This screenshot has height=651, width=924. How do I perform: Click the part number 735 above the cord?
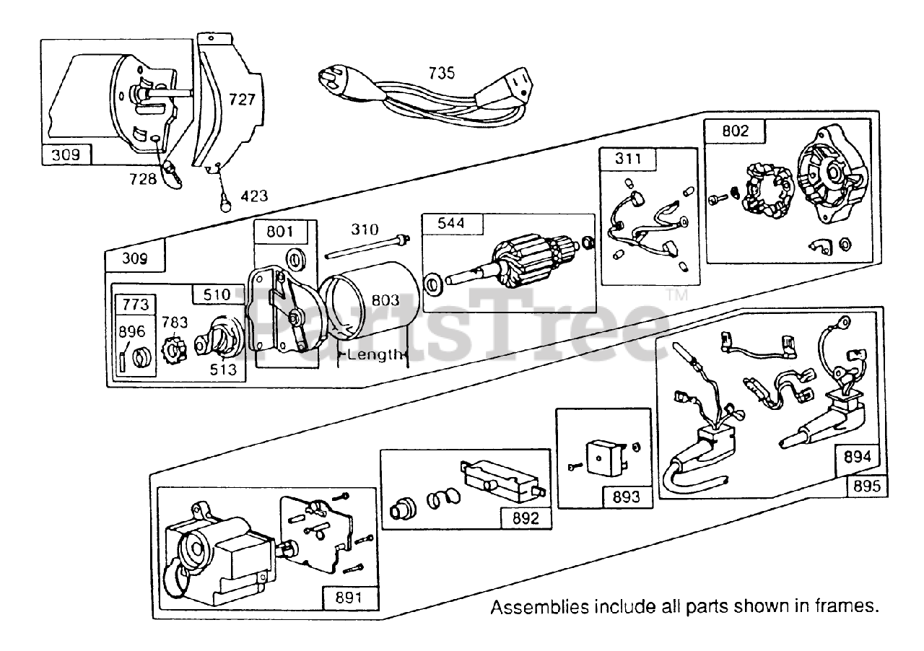442,73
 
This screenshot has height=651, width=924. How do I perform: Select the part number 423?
253,196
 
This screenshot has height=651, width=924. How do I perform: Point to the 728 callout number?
143,179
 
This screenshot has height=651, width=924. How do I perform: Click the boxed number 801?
280,232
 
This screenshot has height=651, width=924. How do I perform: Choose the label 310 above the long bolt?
365,230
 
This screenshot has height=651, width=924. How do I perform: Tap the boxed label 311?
628,159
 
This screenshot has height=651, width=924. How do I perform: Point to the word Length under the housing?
375,354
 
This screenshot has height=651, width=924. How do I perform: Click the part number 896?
131,332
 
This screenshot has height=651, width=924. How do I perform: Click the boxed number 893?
625,497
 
